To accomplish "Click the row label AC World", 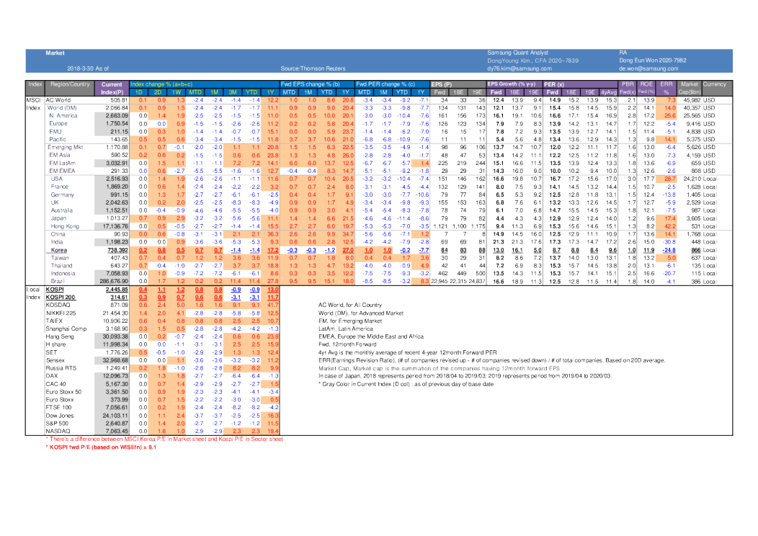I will pyautogui.click(x=58, y=99).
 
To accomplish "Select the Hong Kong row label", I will pyautogui.click(x=64, y=226).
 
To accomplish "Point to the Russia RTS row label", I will pyautogui.click(x=62, y=368).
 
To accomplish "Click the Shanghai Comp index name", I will pyautogui.click(x=66, y=329).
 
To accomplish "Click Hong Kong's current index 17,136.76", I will pyautogui.click(x=112, y=226).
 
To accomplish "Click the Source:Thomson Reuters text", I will pyautogui.click(x=310, y=68).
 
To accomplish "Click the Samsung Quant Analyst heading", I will pyautogui.click(x=517, y=53).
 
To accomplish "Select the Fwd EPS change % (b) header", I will pyautogui.click(x=306, y=84).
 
